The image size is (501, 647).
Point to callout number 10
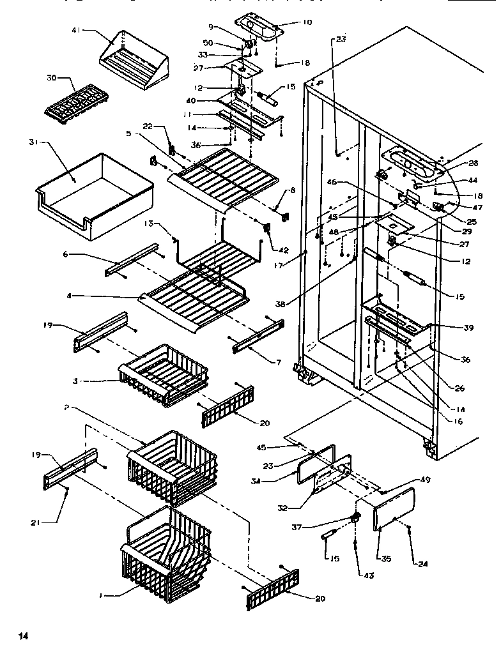pyautogui.click(x=307, y=23)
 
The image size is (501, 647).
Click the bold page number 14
pyautogui.click(x=24, y=636)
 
